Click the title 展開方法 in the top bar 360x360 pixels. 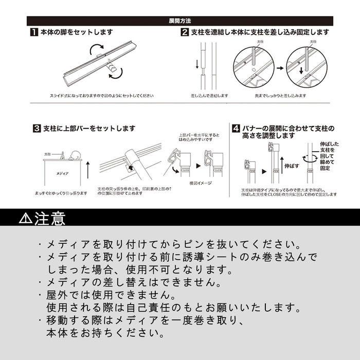click(x=180, y=21)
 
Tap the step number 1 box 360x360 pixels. click(x=33, y=32)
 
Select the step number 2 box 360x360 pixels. click(x=185, y=32)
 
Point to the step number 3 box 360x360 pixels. click(x=37, y=129)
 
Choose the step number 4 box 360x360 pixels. click(x=236, y=128)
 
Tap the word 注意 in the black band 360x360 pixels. click(x=50, y=219)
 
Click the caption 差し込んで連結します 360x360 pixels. click(x=209, y=96)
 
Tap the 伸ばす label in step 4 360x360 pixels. click(x=291, y=167)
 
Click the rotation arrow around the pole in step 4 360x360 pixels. click(x=308, y=160)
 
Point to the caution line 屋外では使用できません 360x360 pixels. click(x=110, y=296)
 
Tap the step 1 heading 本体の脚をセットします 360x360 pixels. click(x=77, y=32)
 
